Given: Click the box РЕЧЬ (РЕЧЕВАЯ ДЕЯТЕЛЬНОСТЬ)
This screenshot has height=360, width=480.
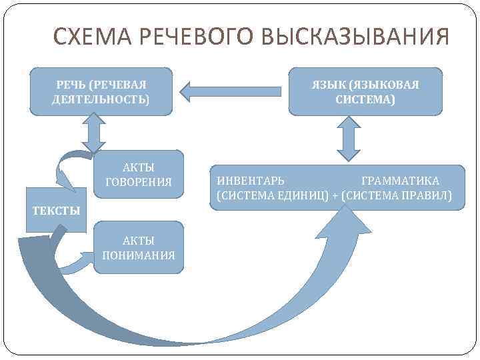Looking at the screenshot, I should (x=101, y=91).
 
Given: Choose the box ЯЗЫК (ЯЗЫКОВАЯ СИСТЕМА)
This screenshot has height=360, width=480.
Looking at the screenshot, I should (x=365, y=91).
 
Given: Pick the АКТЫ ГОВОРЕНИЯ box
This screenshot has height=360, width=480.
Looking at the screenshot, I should (x=139, y=174).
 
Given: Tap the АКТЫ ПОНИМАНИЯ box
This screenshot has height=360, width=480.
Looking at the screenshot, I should (x=139, y=247).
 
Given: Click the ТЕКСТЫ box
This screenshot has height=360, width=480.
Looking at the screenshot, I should (x=57, y=211).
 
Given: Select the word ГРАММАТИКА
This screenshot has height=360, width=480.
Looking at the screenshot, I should (x=400, y=181).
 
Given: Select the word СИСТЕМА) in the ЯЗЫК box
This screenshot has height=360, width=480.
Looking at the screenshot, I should (x=365, y=99).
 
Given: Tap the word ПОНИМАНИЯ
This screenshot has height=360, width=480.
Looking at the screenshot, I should (x=139, y=255).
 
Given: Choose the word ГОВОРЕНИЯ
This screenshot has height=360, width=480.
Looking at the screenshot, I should (x=139, y=181).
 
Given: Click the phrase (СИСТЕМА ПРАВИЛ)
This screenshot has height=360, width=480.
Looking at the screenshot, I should (x=396, y=196).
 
